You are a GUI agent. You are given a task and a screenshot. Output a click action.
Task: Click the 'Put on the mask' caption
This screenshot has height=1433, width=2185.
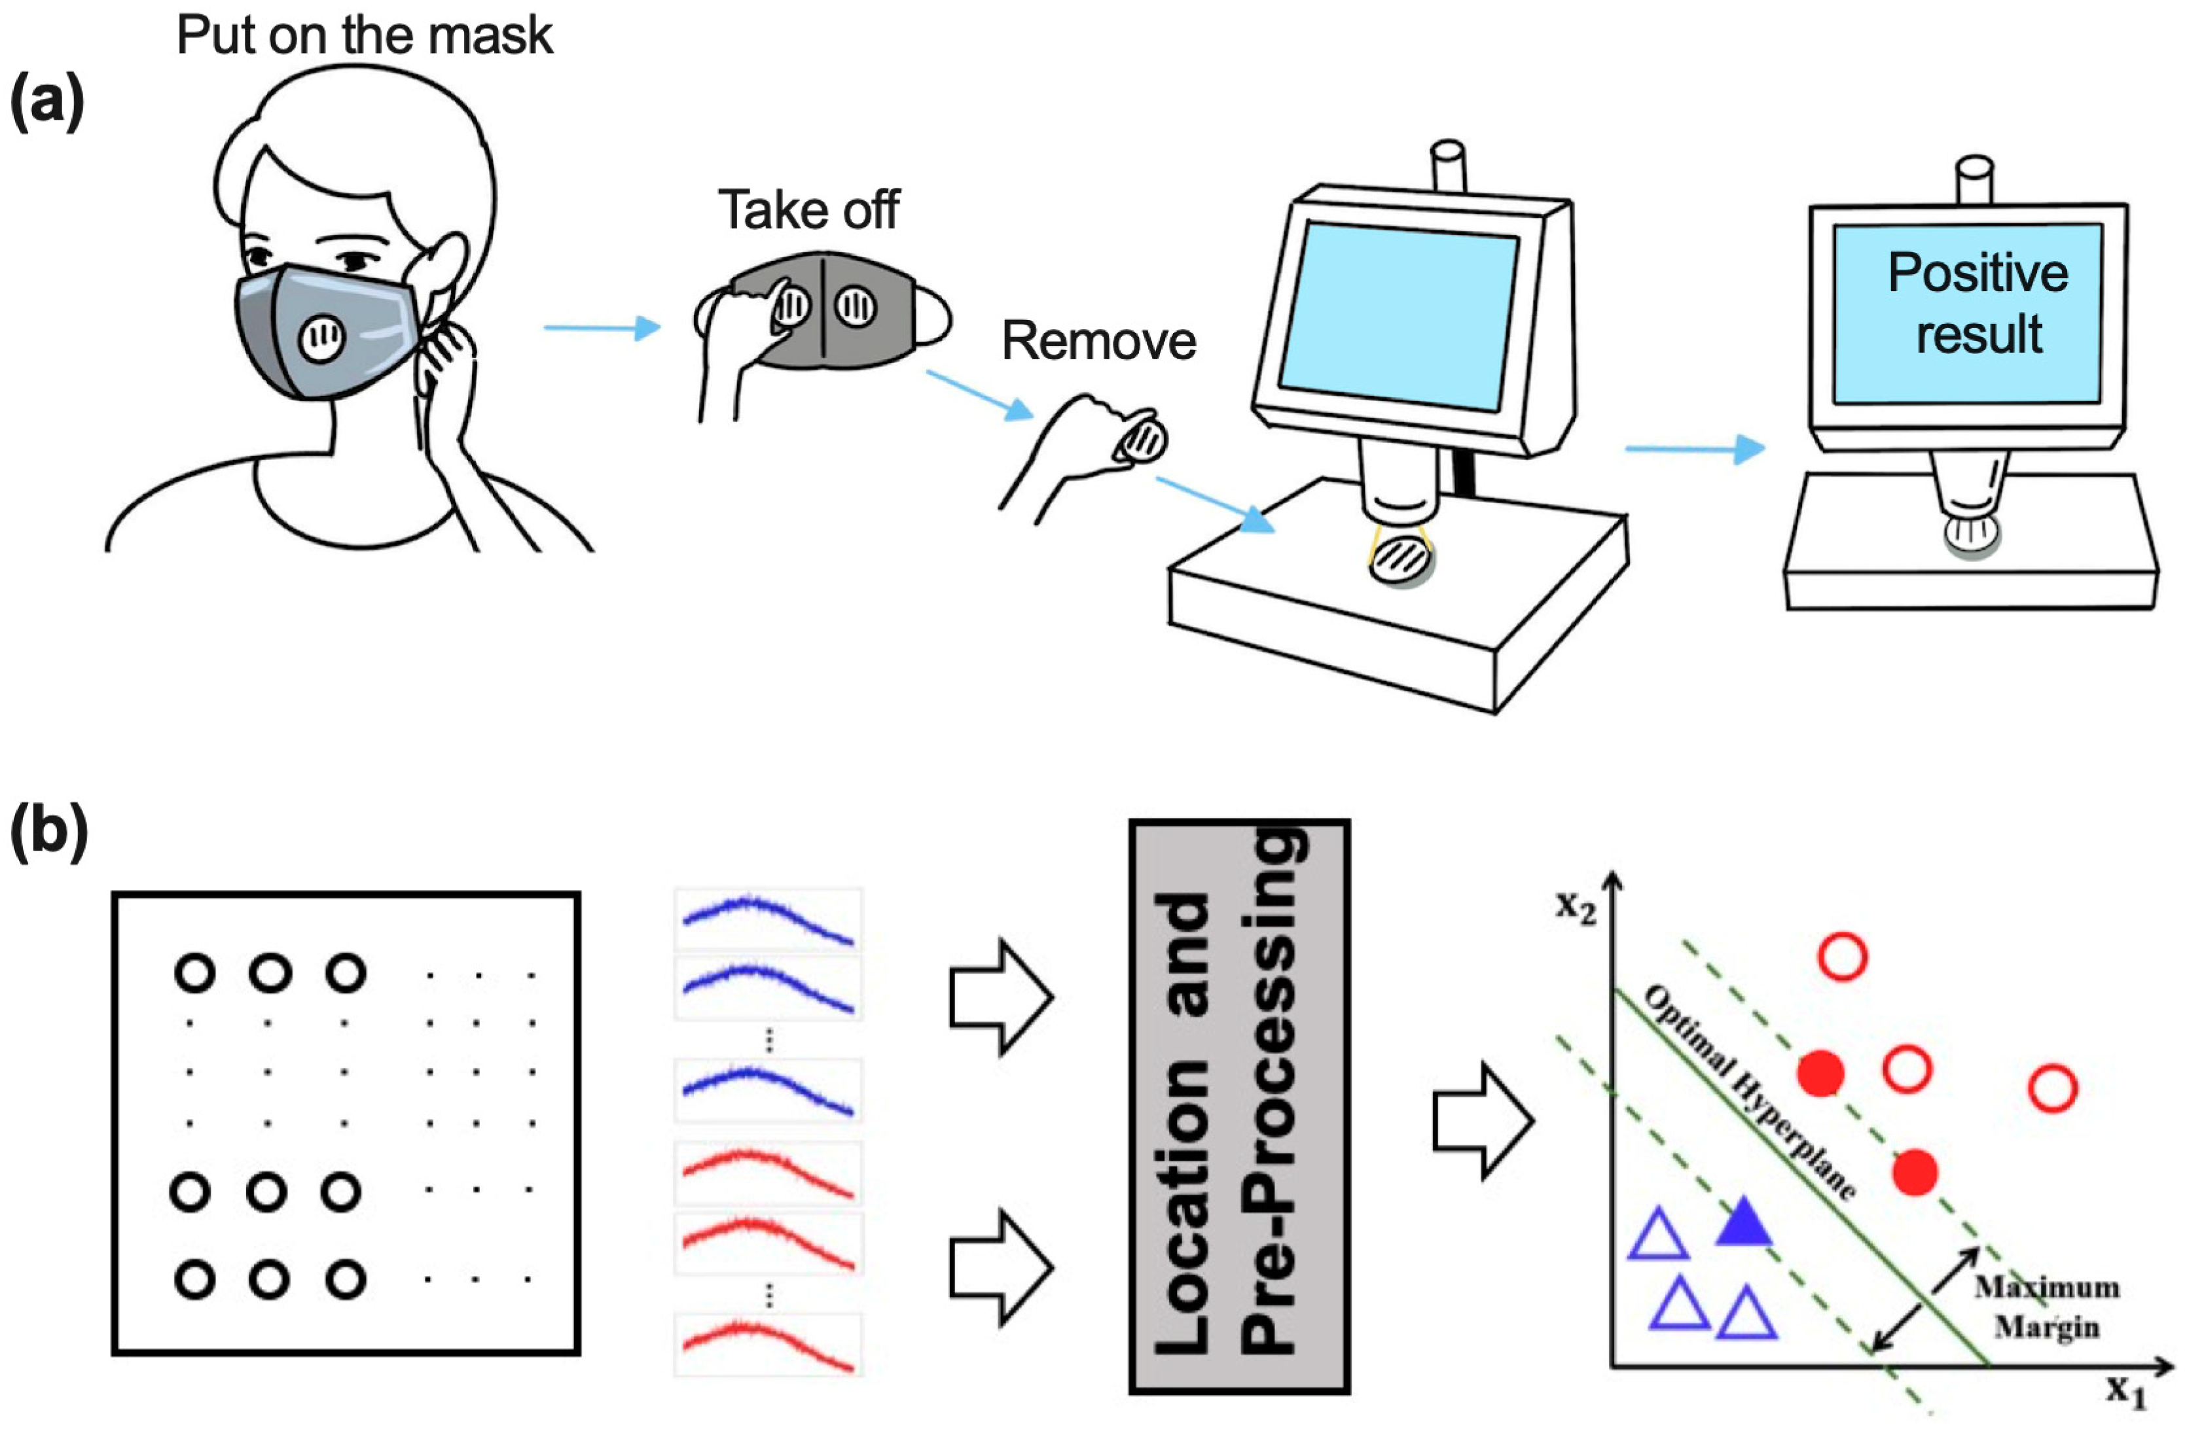[x=365, y=37]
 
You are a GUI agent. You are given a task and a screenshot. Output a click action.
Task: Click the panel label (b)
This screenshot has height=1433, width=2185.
[x=48, y=832]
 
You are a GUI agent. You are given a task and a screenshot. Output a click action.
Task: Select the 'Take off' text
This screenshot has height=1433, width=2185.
[x=808, y=210]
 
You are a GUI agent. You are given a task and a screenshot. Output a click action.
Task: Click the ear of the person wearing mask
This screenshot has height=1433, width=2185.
[x=448, y=266]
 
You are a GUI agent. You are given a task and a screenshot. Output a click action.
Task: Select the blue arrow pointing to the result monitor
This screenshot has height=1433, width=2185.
[x=1694, y=449]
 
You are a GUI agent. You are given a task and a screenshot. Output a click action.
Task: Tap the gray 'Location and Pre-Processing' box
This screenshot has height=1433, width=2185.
[x=1238, y=1106]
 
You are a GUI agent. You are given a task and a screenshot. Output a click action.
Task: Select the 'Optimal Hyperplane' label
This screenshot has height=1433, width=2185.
[x=1749, y=1093]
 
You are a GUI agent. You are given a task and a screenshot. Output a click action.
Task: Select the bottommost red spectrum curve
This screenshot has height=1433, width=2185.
[x=768, y=1344]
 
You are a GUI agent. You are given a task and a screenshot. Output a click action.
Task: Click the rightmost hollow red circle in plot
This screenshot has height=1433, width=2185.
[x=2053, y=1089]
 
